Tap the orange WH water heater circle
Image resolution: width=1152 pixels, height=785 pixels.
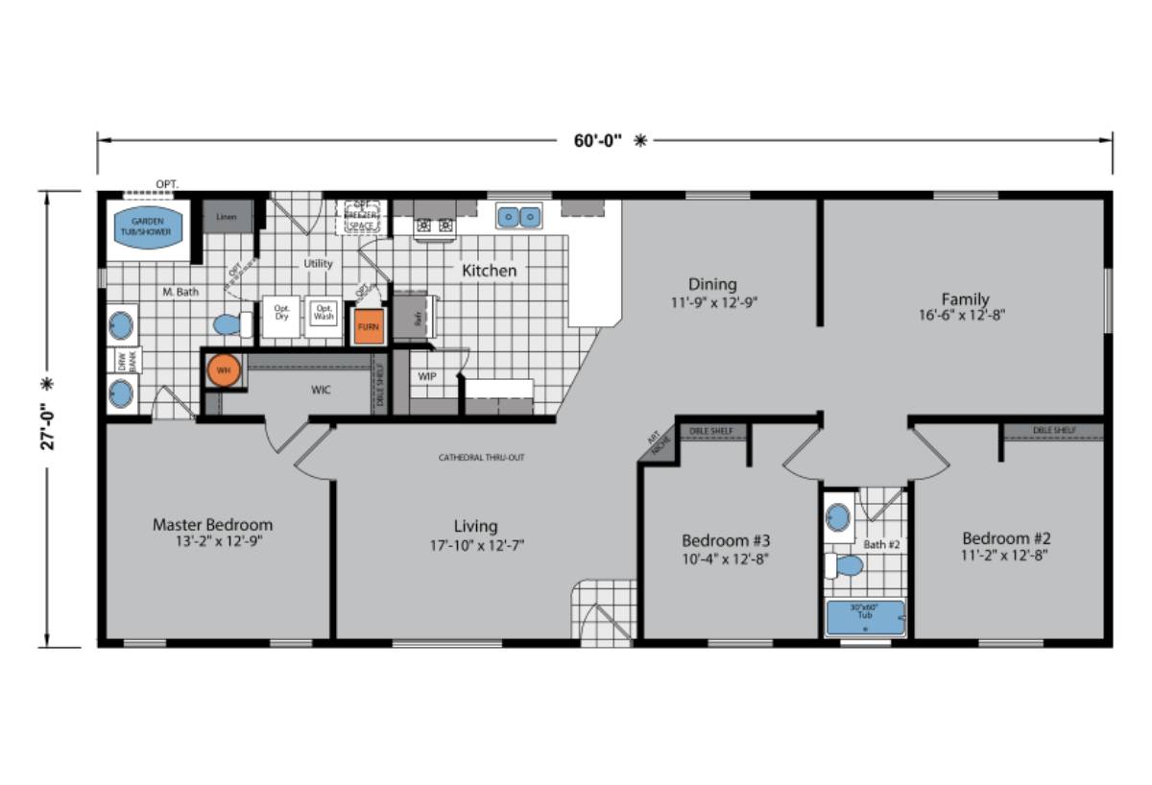224,370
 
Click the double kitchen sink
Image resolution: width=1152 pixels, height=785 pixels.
518,217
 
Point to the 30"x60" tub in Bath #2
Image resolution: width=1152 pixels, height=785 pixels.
865,617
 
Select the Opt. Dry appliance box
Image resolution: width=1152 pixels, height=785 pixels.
281,316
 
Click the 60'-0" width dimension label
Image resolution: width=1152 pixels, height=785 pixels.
598,140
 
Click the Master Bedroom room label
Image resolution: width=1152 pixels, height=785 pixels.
212,525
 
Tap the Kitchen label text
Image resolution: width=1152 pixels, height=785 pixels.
489,271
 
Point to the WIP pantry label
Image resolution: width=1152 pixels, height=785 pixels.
427,376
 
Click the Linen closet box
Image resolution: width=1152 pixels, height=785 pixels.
228,218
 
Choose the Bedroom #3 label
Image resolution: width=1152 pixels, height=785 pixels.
726,539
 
